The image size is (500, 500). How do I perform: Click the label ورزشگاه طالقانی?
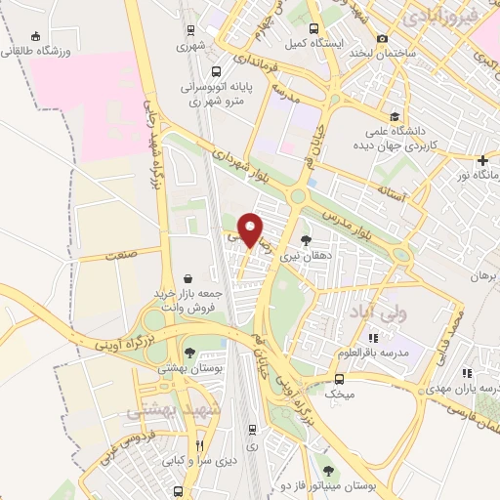[38, 51]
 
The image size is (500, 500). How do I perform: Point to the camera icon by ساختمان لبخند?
[383, 38]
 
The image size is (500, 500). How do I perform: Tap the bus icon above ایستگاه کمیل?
[312, 28]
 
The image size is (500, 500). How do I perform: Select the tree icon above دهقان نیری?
[306, 239]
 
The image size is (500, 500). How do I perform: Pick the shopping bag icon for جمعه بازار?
[187, 278]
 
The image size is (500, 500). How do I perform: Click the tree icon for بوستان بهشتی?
[188, 354]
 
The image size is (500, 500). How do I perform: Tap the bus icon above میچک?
[339, 378]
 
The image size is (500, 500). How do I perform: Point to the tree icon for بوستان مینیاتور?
[328, 472]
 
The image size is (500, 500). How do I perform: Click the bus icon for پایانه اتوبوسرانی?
[215, 70]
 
